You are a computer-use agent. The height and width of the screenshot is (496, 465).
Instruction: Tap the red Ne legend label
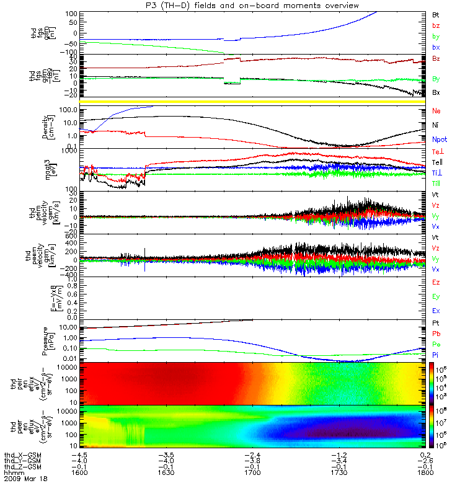click(x=436, y=110)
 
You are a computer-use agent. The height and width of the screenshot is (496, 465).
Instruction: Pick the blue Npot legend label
click(x=440, y=139)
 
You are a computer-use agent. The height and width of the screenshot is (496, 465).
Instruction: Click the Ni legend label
click(x=435, y=125)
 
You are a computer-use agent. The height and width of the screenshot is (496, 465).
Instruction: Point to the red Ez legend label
click(x=436, y=282)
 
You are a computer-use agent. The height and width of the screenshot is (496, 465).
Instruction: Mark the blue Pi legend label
click(x=435, y=353)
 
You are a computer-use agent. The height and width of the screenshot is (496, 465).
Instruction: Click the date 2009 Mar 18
click(x=24, y=479)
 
